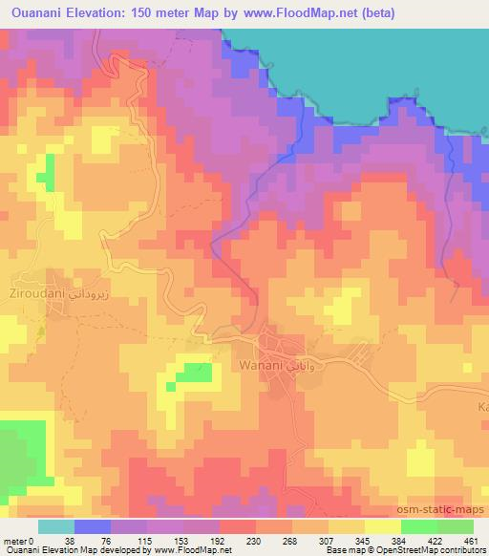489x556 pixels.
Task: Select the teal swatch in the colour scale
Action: (x=56, y=526)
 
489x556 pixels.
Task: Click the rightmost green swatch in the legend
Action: (x=456, y=526)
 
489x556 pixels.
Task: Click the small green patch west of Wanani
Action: (x=188, y=376)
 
